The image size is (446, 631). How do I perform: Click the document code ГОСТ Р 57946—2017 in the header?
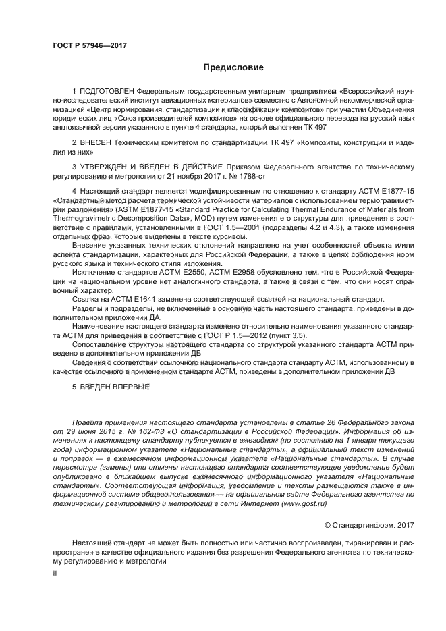(x=90, y=45)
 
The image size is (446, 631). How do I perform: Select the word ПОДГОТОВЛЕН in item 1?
(x=106, y=90)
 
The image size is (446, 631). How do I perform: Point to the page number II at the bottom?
(x=55, y=573)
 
